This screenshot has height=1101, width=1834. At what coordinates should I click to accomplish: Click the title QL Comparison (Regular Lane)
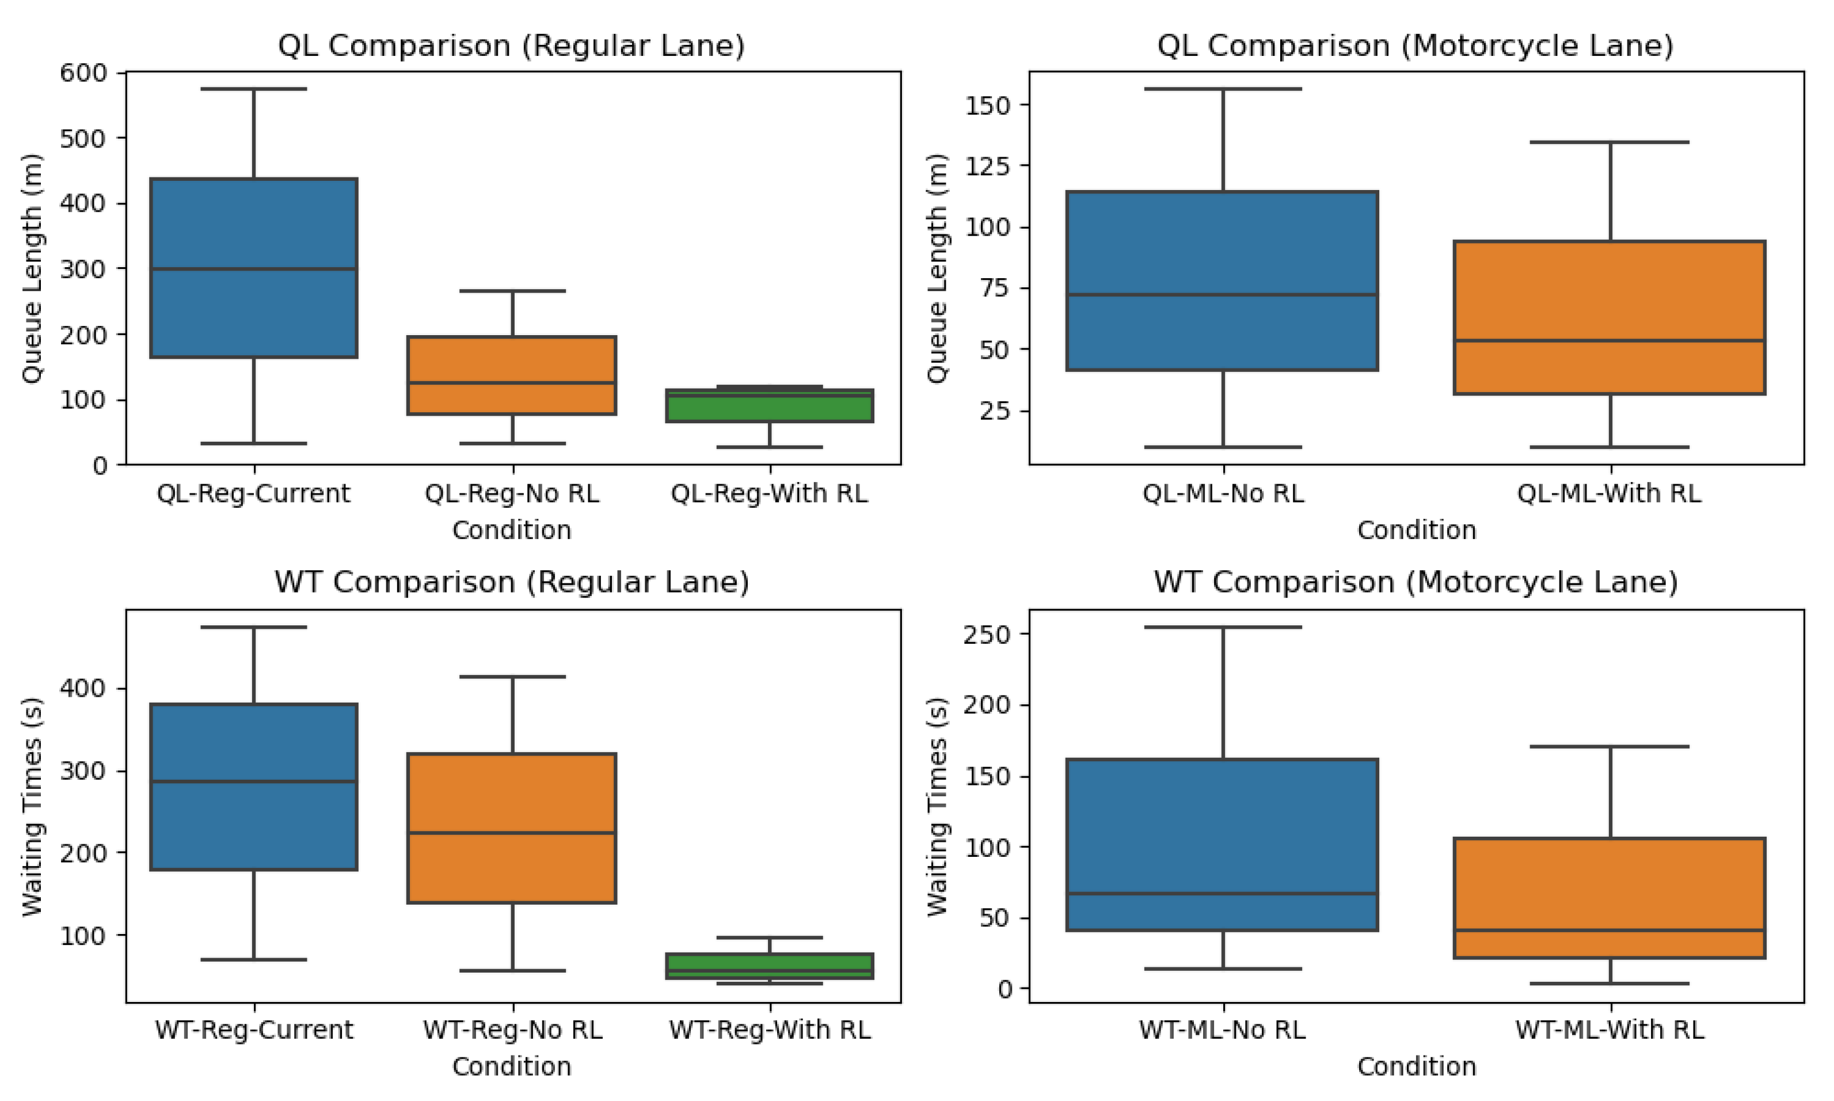click(x=511, y=46)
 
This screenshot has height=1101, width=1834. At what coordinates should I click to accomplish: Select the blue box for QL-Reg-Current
click(x=254, y=223)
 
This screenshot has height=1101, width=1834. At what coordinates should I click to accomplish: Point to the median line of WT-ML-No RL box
click(x=1222, y=893)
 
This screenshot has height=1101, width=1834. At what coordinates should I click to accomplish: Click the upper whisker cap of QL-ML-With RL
click(x=1610, y=142)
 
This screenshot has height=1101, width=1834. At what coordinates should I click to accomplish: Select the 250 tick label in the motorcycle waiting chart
click(x=986, y=635)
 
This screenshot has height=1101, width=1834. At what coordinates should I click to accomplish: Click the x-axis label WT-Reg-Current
click(x=254, y=1030)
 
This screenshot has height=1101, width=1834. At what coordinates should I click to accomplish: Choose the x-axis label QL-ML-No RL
click(x=1222, y=493)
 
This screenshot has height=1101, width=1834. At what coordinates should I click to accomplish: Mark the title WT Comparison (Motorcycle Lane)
click(x=1415, y=582)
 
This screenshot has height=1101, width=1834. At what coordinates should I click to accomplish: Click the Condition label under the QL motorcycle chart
click(x=1416, y=530)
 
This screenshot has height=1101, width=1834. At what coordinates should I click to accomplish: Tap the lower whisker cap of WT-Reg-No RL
click(x=512, y=970)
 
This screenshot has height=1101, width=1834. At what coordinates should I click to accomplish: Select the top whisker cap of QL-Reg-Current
click(x=254, y=89)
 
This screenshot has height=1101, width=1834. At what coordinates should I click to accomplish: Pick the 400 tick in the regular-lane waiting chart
click(x=83, y=689)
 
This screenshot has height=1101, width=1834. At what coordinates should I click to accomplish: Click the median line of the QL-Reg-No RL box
click(x=512, y=383)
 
